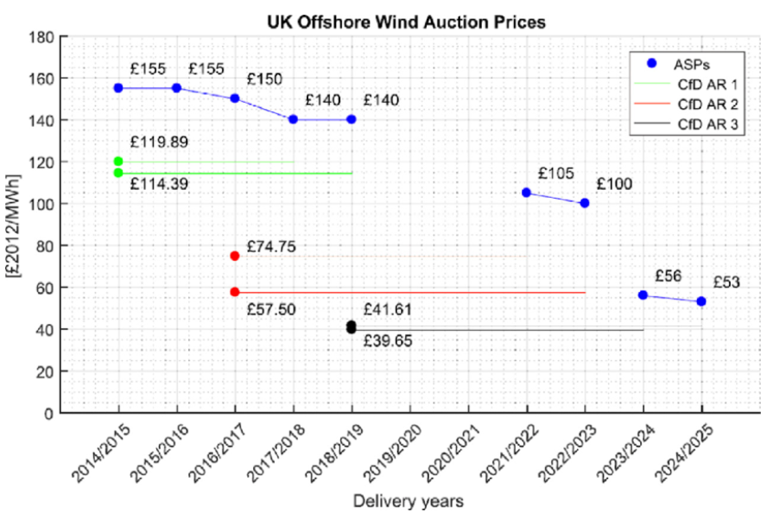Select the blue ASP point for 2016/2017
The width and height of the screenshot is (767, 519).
pyautogui.click(x=235, y=98)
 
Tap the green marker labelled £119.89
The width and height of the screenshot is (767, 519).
pyautogui.click(x=118, y=161)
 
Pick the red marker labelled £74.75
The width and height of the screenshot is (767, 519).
pyautogui.click(x=235, y=256)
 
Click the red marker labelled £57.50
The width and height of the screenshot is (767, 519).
pyautogui.click(x=235, y=292)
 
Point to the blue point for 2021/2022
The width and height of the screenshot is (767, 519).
pyautogui.click(x=526, y=193)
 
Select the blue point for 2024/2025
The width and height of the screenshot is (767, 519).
pyautogui.click(x=701, y=301)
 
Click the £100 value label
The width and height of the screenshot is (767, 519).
pyautogui.click(x=613, y=184)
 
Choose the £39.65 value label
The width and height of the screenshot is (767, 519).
pyautogui.click(x=387, y=341)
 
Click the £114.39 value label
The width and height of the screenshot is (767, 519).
pyautogui.click(x=159, y=184)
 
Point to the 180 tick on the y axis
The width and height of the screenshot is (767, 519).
pyautogui.click(x=43, y=37)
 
